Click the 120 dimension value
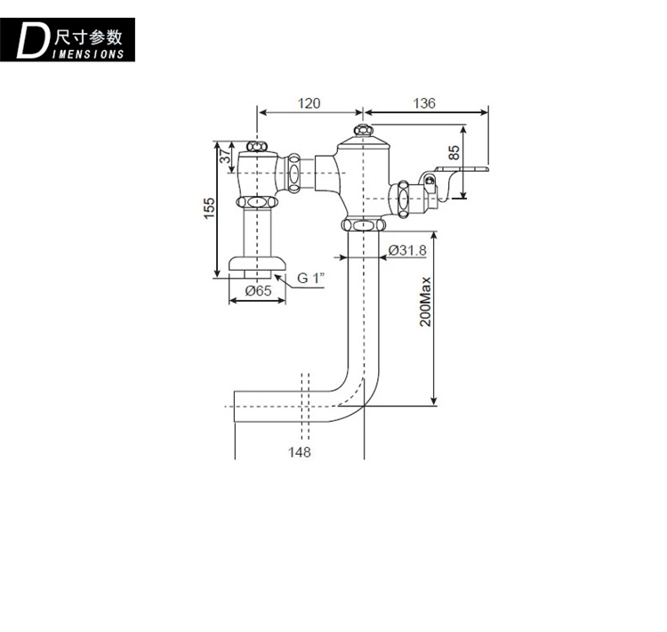(309, 103)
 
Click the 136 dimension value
(424, 103)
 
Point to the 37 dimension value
(227, 157)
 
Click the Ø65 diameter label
(258, 291)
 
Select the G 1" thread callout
(311, 278)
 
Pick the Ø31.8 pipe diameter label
(407, 251)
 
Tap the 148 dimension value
(300, 452)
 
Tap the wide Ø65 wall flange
(258, 263)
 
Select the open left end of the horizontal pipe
(236, 405)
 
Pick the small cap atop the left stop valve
(256, 145)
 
